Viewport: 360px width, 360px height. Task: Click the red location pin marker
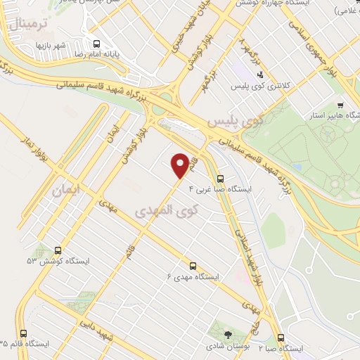pyautogui.click(x=181, y=166)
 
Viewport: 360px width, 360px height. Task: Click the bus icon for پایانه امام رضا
pyautogui.click(x=96, y=44)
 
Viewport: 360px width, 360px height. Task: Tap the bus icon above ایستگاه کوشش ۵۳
pyautogui.click(x=58, y=250)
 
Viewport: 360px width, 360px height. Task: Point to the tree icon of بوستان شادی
pyautogui.click(x=228, y=334)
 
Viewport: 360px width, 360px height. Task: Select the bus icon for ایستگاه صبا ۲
pyautogui.click(x=281, y=337)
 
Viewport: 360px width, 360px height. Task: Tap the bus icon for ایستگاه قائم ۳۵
pyautogui.click(x=24, y=333)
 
